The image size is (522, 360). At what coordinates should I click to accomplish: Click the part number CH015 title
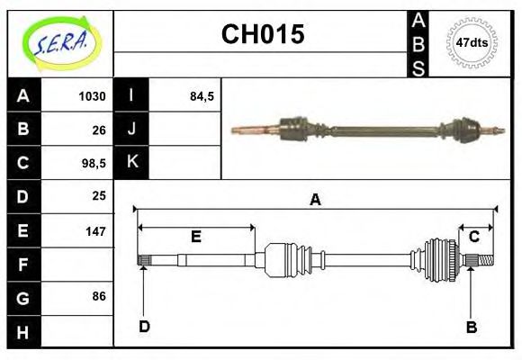[x=263, y=35]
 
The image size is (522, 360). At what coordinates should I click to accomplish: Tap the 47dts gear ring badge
[x=472, y=43]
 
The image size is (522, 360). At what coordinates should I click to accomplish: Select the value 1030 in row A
[x=92, y=96]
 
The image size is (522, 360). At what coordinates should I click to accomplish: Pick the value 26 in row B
[x=99, y=130]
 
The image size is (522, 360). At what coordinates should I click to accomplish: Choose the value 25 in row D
[x=99, y=195]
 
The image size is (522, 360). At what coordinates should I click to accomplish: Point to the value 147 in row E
[x=95, y=230]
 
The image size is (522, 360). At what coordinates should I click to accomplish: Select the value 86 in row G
[x=99, y=296]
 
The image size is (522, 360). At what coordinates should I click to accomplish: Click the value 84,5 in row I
[x=202, y=96]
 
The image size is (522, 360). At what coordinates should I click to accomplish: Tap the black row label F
[x=23, y=265]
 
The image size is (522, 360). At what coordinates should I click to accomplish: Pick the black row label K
[x=131, y=163]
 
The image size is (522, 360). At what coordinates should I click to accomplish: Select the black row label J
[x=131, y=130]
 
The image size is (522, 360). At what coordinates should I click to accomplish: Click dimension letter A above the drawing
[x=315, y=200]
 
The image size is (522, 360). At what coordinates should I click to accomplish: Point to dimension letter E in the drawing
[x=195, y=238]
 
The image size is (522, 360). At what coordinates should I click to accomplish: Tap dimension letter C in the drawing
[x=473, y=237]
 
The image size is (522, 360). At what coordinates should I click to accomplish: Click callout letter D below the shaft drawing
[x=143, y=326]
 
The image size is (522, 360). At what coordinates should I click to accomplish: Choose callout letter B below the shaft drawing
[x=472, y=327]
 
